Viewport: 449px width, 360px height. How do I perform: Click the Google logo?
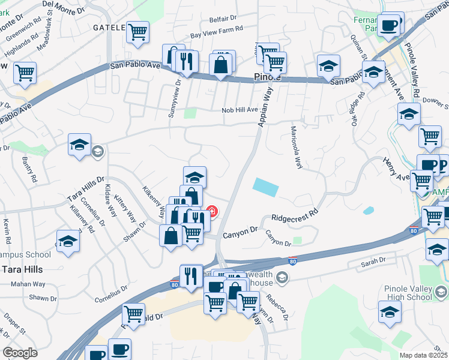click(x=20, y=353)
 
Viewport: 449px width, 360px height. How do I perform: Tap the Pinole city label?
click(x=264, y=77)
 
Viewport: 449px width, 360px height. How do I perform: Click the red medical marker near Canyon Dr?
click(x=212, y=211)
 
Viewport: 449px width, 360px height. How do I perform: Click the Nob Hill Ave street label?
click(x=239, y=110)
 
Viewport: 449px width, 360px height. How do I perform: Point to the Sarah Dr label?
click(x=373, y=263)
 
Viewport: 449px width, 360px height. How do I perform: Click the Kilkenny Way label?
click(x=154, y=202)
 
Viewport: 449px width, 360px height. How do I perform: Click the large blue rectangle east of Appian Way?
click(x=265, y=187)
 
